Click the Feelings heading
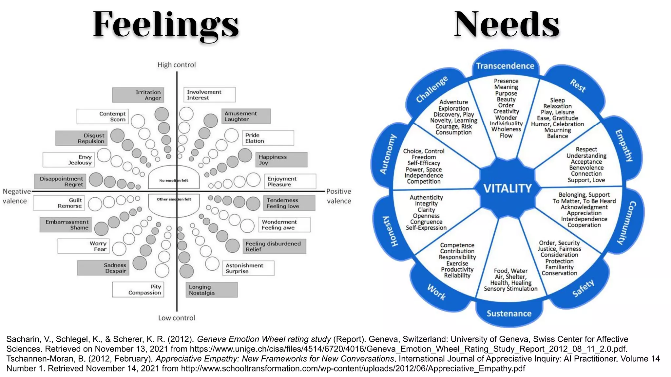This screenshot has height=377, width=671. (166, 25)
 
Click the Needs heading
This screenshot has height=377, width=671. (507, 25)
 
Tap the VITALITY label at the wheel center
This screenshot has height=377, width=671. (508, 188)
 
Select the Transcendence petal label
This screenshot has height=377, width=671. (505, 66)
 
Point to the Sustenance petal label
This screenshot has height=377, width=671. (509, 314)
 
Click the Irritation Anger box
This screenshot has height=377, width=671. (138, 95)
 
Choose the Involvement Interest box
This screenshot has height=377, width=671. (209, 95)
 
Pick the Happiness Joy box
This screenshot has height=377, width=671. (281, 160)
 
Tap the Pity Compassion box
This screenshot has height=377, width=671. (138, 290)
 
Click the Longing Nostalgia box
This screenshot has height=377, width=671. (211, 290)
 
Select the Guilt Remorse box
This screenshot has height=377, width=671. (59, 203)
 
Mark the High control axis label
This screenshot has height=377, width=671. (176, 65)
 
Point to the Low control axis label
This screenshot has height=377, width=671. (176, 318)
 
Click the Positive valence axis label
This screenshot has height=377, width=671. (338, 196)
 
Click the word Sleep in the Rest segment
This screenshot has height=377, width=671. (557, 100)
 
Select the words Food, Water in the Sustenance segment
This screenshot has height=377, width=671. (510, 271)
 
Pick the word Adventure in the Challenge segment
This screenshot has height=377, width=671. (453, 102)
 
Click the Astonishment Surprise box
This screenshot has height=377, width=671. (248, 268)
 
